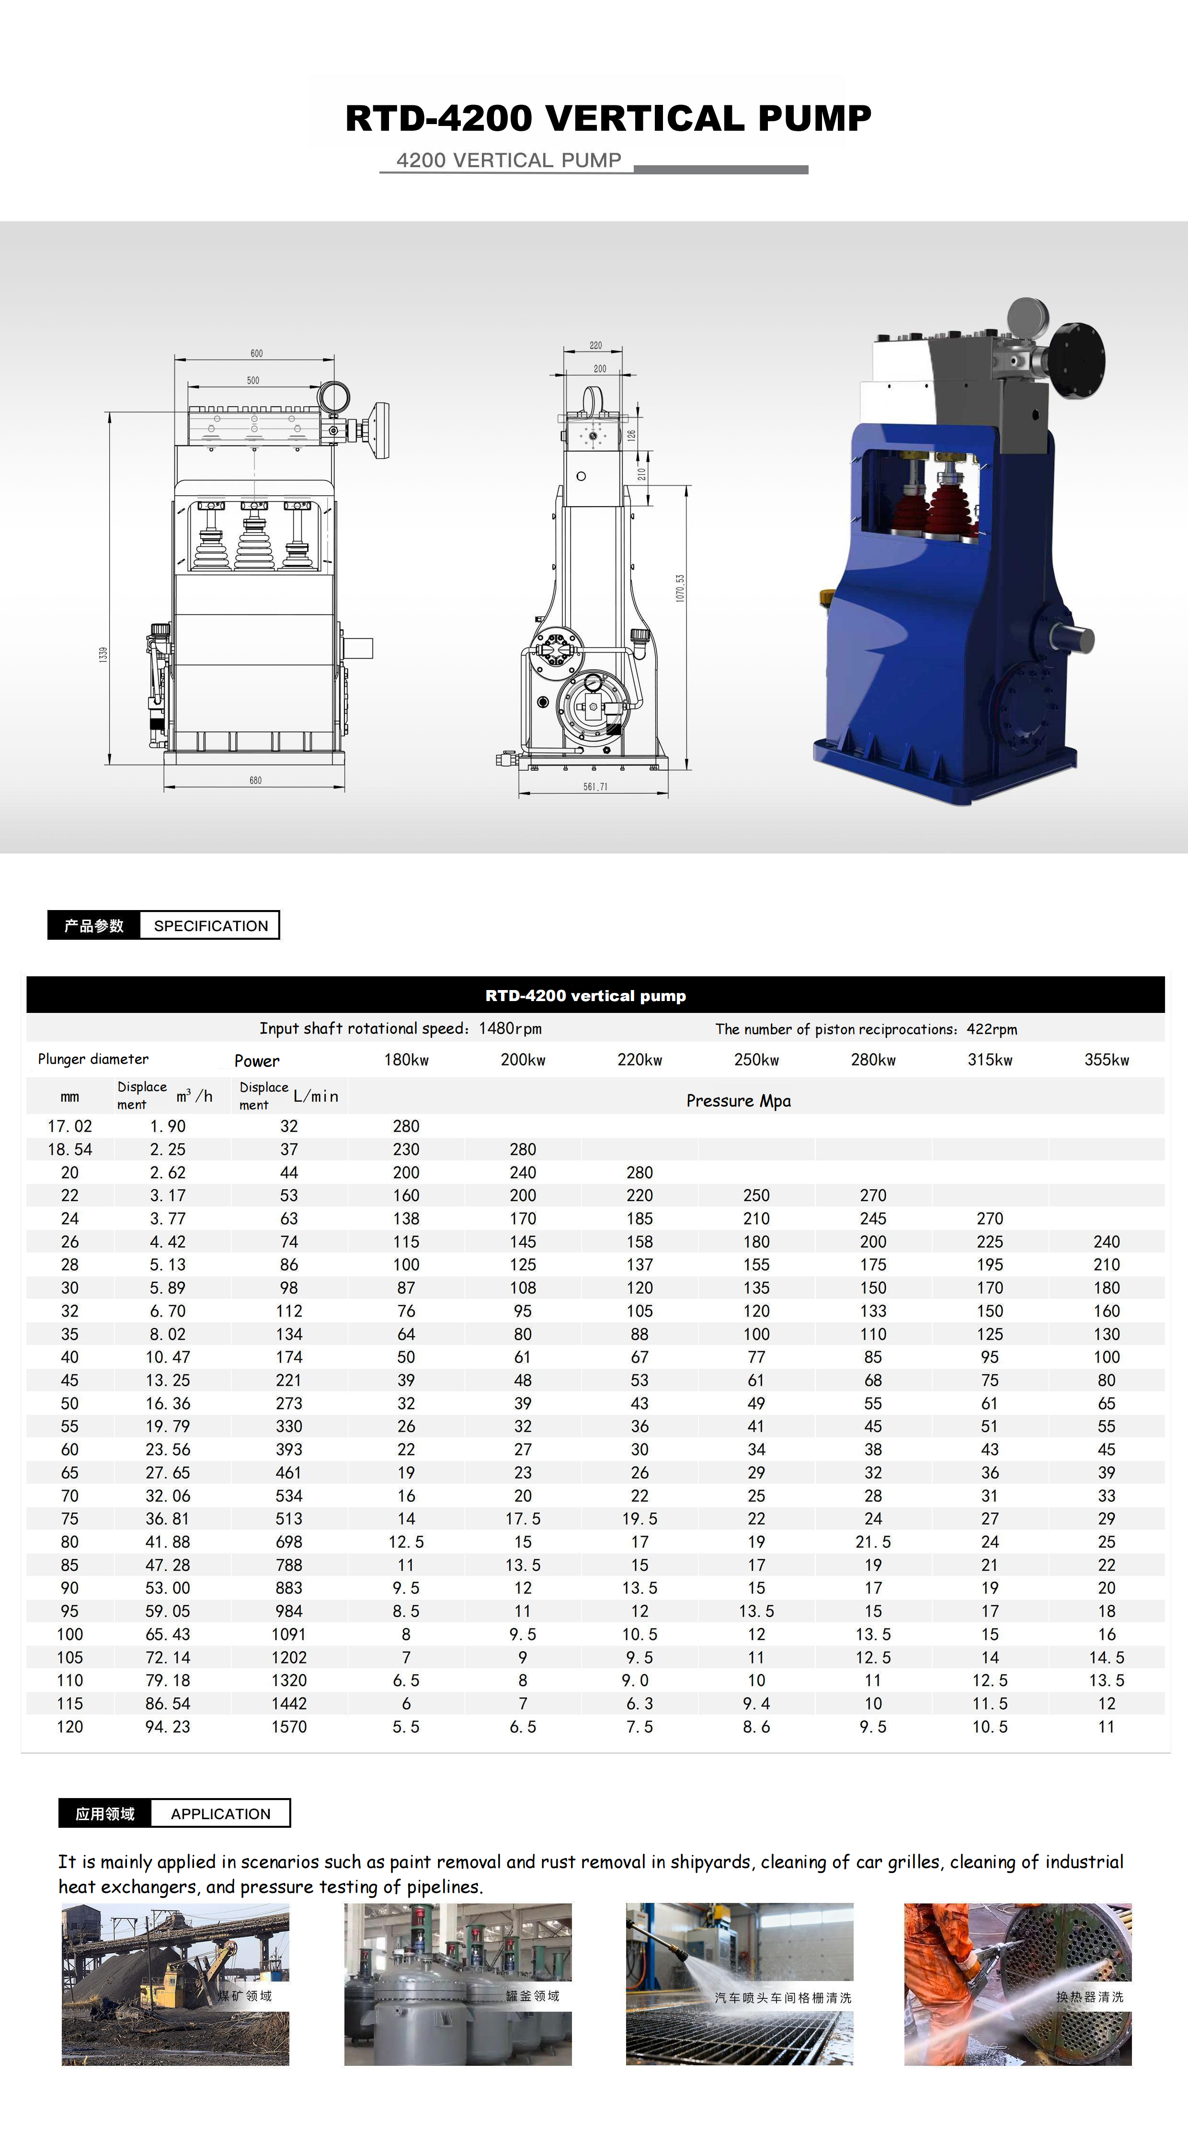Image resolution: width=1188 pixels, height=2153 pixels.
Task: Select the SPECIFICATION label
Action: [x=211, y=925]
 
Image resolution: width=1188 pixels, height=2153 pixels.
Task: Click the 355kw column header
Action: [x=1106, y=1060]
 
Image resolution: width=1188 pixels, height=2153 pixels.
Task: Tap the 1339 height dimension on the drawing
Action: [x=103, y=654]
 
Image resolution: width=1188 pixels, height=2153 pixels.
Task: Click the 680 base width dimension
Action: [x=255, y=780]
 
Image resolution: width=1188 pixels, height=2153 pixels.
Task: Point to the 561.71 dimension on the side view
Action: [x=595, y=786]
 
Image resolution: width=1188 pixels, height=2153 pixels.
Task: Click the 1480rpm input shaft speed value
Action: [x=510, y=1028]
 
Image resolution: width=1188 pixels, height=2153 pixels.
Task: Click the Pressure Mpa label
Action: [x=738, y=1101]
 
